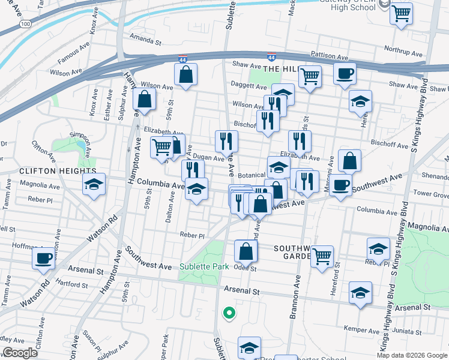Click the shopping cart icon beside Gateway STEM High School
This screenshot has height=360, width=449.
coord(402,13)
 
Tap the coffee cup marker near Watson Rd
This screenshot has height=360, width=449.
coord(43,259)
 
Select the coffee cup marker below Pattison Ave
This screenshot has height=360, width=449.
coord(345,74)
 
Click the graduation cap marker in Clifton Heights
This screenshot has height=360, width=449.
coord(94,185)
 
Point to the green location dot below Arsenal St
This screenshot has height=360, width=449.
coord(228,313)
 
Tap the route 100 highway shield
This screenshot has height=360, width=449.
coord(25,23)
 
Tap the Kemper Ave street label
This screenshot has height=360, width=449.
coord(360,328)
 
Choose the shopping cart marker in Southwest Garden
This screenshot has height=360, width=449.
coord(322,256)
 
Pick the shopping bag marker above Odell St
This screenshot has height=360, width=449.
coord(246,250)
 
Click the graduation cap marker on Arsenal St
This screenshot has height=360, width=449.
coord(360,293)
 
